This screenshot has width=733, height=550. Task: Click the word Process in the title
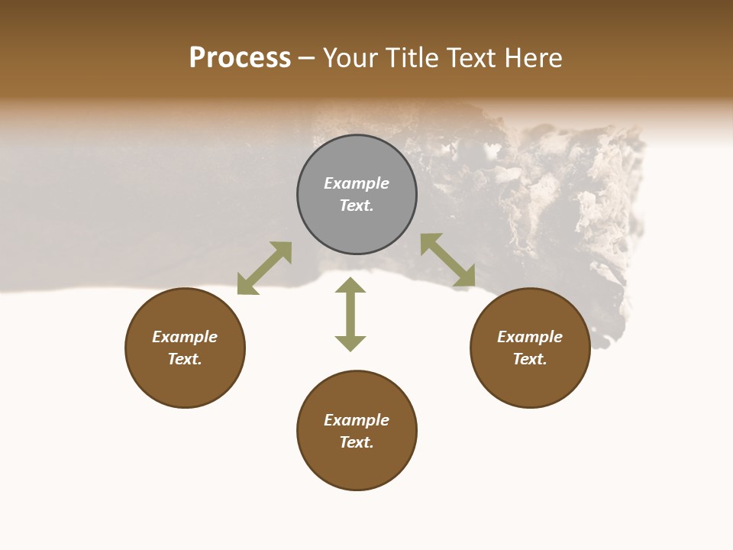(x=240, y=58)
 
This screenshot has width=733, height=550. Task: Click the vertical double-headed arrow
(x=350, y=314)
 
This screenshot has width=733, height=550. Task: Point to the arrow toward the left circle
(x=264, y=268)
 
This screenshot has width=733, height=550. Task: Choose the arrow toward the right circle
(x=448, y=260)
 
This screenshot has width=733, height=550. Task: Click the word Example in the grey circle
(x=357, y=183)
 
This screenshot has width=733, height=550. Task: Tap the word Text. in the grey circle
(x=357, y=205)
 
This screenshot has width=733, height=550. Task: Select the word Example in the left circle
(x=185, y=337)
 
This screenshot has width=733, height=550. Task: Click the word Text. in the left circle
(x=185, y=359)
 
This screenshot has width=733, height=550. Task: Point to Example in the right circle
(x=530, y=337)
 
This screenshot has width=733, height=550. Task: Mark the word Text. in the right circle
(x=530, y=359)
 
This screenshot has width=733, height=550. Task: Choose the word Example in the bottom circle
(x=357, y=420)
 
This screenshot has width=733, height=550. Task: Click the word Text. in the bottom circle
(x=357, y=442)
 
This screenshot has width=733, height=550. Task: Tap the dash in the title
(x=307, y=59)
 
